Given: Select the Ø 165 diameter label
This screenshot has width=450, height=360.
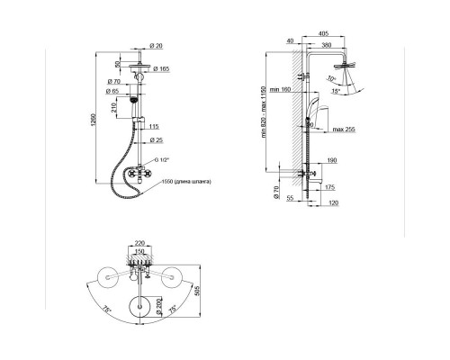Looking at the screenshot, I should click(162, 69).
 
